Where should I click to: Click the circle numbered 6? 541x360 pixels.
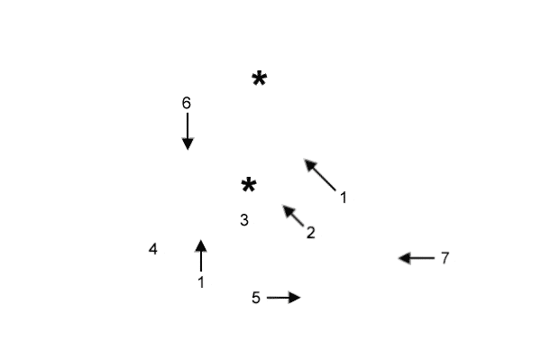click(187, 103)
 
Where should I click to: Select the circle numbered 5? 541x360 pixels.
click(256, 297)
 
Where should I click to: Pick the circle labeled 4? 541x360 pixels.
click(154, 250)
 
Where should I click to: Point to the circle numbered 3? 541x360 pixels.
click(243, 219)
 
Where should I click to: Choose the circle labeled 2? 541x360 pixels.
click(310, 233)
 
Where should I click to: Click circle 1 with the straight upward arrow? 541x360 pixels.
click(201, 282)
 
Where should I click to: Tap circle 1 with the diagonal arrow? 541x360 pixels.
click(344, 196)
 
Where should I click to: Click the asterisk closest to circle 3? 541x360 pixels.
click(249, 185)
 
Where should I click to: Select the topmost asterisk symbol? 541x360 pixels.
click(260, 79)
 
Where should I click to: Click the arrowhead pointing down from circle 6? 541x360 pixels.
click(188, 144)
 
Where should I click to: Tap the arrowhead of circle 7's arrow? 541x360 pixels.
click(403, 258)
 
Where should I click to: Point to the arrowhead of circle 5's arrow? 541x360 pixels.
click(295, 297)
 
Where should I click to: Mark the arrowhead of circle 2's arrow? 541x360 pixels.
click(288, 210)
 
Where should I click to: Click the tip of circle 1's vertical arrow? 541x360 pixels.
click(201, 239)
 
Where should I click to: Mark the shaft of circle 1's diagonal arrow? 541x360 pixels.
click(326, 179)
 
